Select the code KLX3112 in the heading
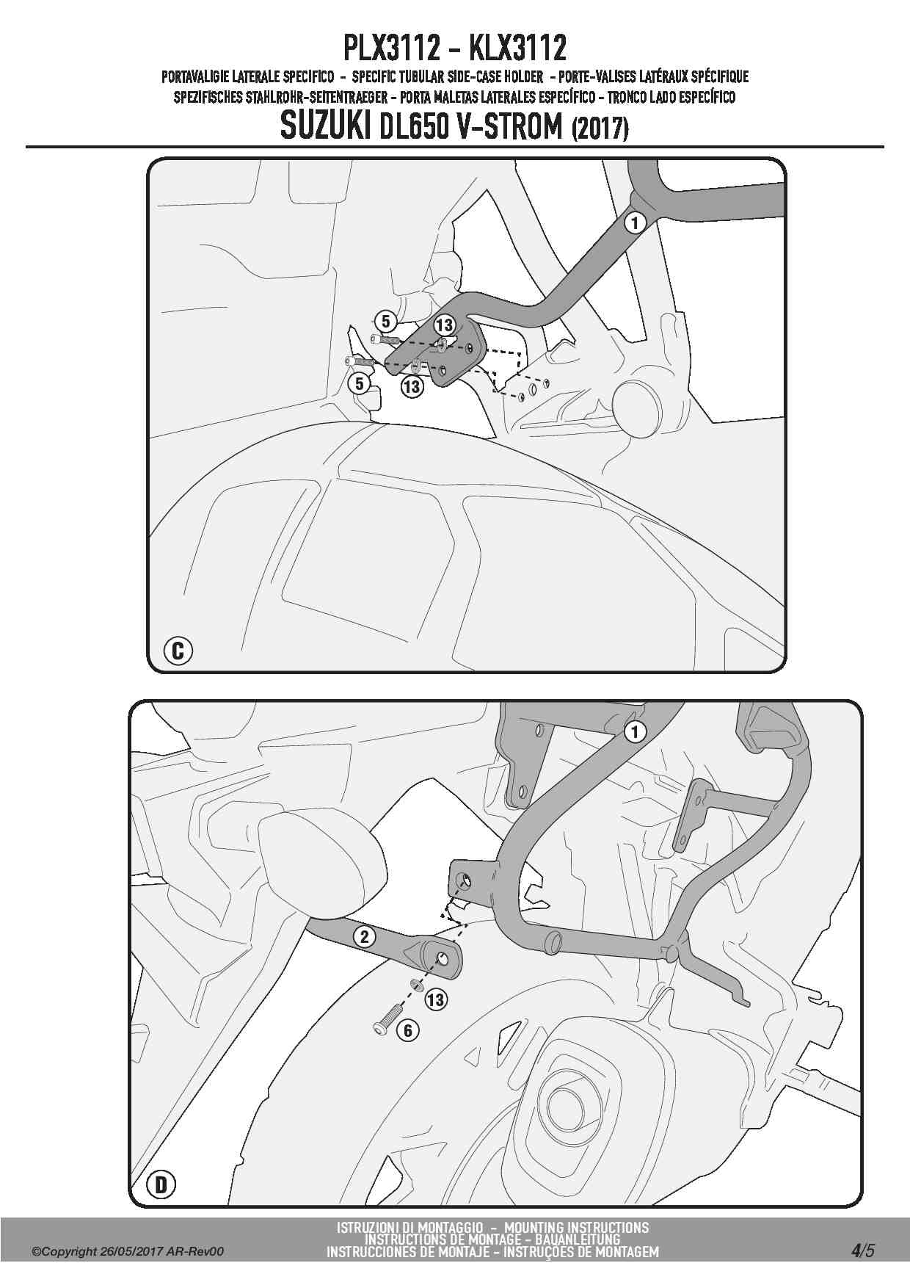tap(517, 48)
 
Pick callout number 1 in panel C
tap(635, 222)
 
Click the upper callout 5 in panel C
tap(386, 321)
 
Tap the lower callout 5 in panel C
tap(360, 383)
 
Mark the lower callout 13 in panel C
tap(412, 386)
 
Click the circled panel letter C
tap(178, 651)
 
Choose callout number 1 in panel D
tap(635, 731)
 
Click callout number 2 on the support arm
tap(365, 936)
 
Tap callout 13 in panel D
tap(436, 999)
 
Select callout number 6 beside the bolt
tap(408, 1031)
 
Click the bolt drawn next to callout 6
tap(386, 1021)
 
